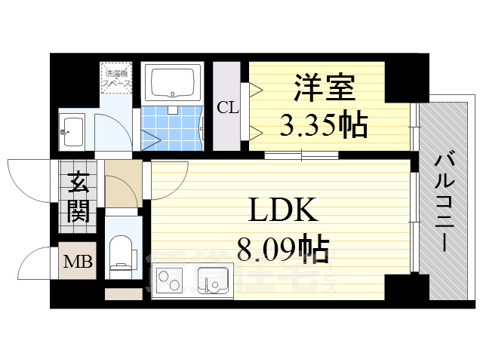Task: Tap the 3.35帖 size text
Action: tap(323, 124)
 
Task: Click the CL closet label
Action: tap(227, 107)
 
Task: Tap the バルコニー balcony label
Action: tap(444, 201)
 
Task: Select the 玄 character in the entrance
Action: tap(78, 183)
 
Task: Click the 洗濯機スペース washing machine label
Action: tap(118, 79)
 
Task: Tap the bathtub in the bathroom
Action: tap(174, 84)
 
